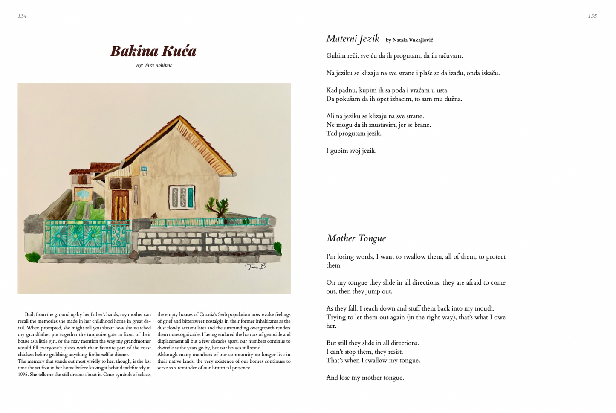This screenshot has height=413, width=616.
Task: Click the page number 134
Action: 22,16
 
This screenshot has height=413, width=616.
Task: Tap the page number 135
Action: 592,16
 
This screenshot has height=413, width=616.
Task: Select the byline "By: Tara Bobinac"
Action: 154,66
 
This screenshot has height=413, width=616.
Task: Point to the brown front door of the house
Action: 120,205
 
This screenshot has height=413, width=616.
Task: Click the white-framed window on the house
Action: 182,197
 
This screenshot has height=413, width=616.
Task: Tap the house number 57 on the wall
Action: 144,174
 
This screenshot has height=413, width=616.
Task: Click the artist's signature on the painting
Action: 255,267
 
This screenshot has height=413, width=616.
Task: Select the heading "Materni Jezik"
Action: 353,39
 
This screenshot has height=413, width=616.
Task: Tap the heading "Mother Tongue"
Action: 356,238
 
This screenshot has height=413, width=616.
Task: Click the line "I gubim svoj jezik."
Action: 351,151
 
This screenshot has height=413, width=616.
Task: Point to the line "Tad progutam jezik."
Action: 353,134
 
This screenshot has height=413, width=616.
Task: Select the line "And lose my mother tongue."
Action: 365,378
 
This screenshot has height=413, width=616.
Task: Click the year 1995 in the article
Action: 23,375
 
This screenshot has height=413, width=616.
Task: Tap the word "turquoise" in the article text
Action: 92,334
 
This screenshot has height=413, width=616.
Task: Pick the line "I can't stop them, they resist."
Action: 364,352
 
